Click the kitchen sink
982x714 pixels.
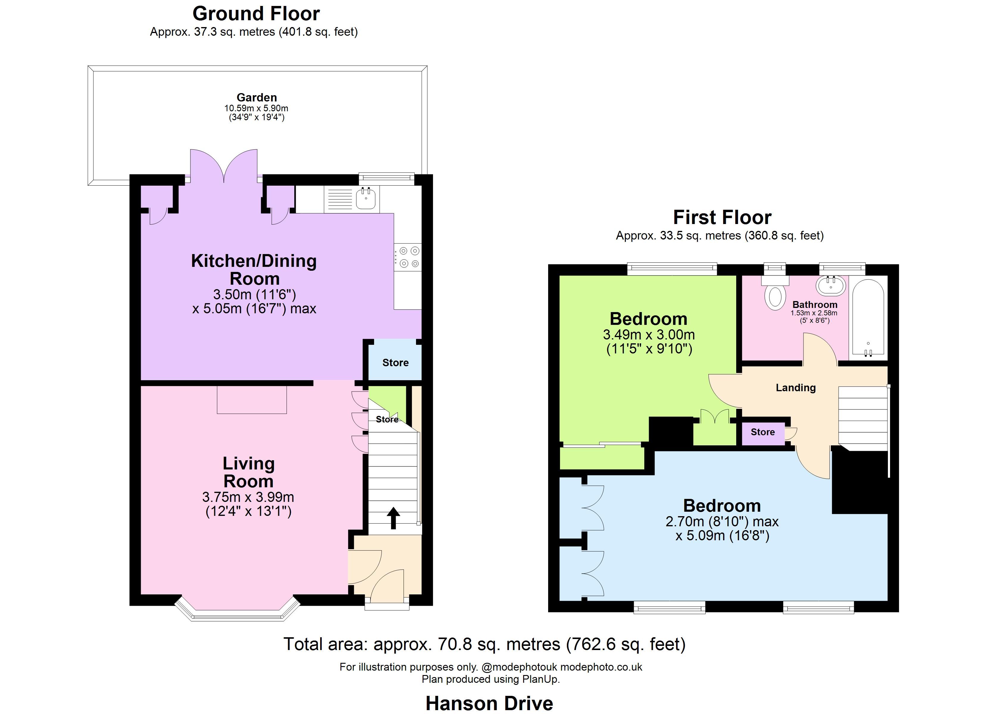pyautogui.click(x=366, y=199)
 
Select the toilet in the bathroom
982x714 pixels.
pyautogui.click(x=775, y=295)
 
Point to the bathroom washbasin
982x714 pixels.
pyautogui.click(x=831, y=286)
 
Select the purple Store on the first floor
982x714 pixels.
pyautogui.click(x=762, y=432)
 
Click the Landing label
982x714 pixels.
pyautogui.click(x=795, y=388)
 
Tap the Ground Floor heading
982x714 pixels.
pyautogui.click(x=256, y=14)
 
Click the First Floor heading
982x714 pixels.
pyautogui.click(x=722, y=217)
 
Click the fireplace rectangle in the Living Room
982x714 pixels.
pyautogui.click(x=251, y=399)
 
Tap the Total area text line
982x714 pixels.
pyautogui.click(x=484, y=644)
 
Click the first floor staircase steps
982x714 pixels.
pyautogui.click(x=863, y=418)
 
